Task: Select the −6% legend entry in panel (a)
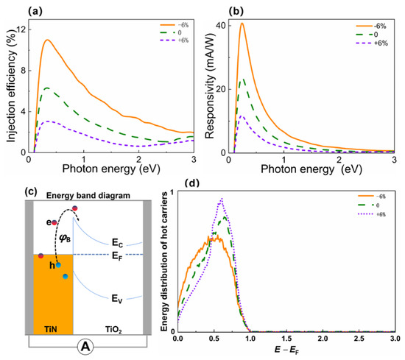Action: (x=175, y=25)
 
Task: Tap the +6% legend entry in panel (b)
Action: (x=372, y=43)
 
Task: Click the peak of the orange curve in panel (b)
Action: (x=242, y=24)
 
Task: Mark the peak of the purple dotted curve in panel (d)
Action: (x=222, y=198)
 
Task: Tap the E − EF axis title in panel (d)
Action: (x=286, y=350)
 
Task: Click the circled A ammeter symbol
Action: (x=85, y=347)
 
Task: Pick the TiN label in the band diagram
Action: (x=51, y=329)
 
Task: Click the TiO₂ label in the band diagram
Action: (x=113, y=330)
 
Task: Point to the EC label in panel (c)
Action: (x=118, y=243)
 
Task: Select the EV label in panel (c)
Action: (x=117, y=299)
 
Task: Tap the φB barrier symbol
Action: (x=65, y=239)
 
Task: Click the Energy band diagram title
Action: (x=88, y=196)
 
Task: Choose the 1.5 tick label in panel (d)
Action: (x=286, y=339)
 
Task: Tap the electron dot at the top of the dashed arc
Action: (x=75, y=208)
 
